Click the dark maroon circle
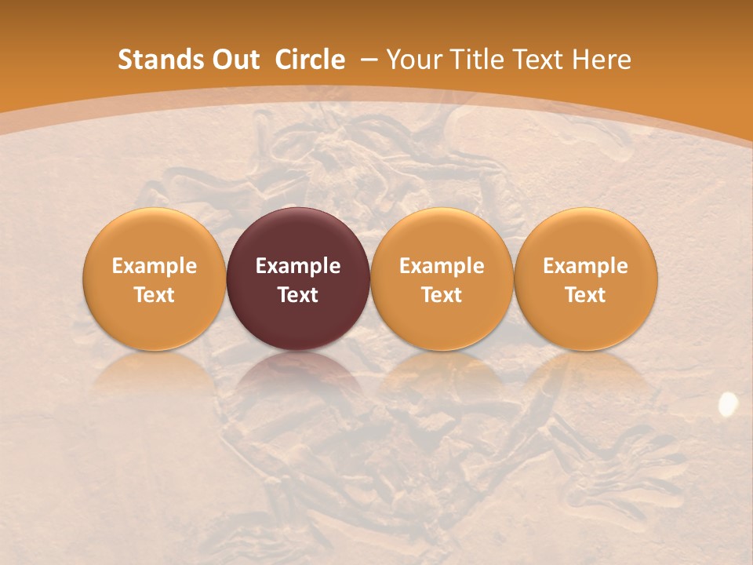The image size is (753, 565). (298, 235)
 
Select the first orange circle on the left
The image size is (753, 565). (154, 235)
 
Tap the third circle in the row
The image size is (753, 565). (442, 235)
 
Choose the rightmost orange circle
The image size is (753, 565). (585, 235)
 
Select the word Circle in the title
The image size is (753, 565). (310, 60)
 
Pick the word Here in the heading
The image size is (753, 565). (602, 60)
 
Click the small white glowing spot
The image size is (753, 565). (728, 403)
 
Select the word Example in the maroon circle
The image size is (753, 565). (298, 266)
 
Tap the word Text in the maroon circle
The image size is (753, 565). (298, 295)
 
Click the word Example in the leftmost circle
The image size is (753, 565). (154, 266)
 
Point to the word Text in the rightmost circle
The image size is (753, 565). (585, 295)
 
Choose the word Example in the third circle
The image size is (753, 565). (442, 266)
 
